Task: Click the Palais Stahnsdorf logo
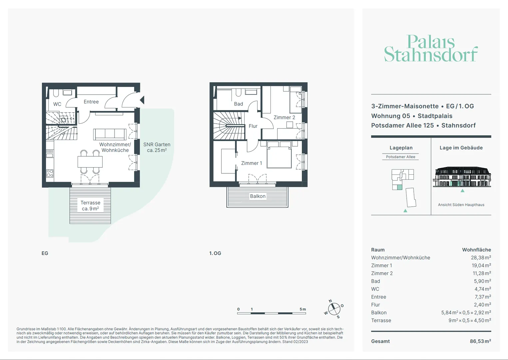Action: tap(431, 48)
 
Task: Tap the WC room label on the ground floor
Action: tap(57, 104)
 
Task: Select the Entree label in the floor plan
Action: tap(91, 102)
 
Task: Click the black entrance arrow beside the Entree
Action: tap(142, 100)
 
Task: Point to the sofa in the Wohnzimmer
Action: tap(110, 134)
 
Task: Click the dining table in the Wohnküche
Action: tap(90, 162)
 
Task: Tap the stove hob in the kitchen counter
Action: tap(50, 173)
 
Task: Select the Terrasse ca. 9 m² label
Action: tap(90, 205)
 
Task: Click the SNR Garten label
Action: tap(157, 147)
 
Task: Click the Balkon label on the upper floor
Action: tap(257, 196)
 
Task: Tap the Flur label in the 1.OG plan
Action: tap(253, 126)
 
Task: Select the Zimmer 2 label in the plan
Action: tap(284, 117)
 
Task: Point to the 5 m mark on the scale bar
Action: tap(303, 309)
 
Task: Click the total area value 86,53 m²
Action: tap(480, 341)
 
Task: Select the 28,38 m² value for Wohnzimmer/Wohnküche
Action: tap(481, 257)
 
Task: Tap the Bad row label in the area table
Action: tap(375, 281)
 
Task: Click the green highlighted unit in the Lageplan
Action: tap(400, 187)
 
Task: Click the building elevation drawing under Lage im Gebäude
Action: tap(462, 177)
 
